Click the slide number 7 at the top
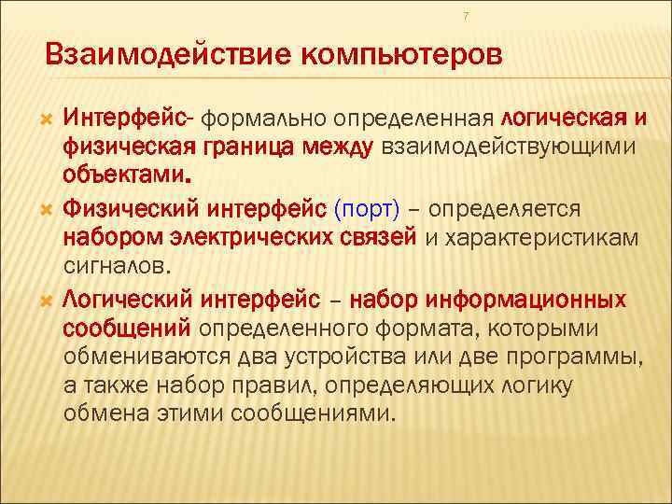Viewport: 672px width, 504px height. [466, 16]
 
